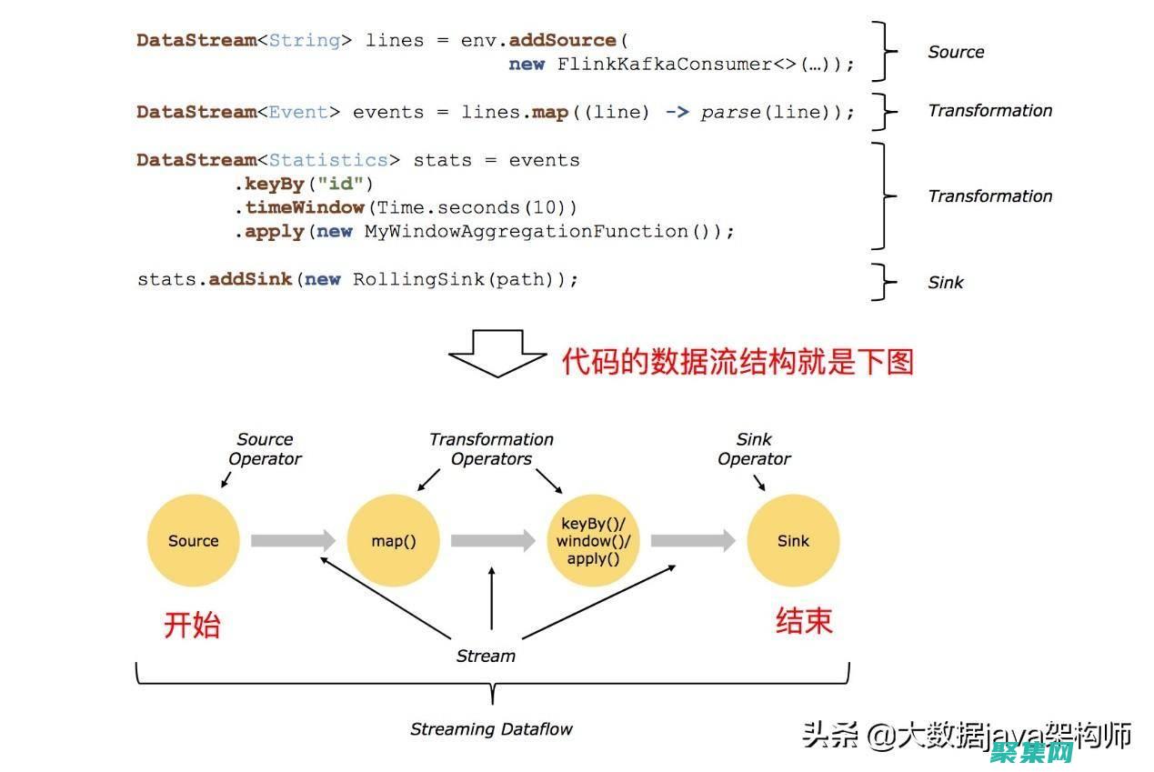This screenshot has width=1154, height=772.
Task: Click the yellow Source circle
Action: (x=193, y=540)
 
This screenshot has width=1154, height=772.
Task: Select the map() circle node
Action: (x=393, y=540)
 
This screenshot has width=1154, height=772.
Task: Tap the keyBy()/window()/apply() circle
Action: (x=593, y=540)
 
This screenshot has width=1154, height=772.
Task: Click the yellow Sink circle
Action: (x=793, y=540)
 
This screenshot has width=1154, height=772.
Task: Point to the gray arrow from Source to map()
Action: (x=292, y=540)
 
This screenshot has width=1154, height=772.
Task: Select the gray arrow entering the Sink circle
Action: (x=692, y=540)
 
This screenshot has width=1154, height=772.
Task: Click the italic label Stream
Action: (x=486, y=656)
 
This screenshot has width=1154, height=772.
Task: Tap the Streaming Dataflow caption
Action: (x=491, y=729)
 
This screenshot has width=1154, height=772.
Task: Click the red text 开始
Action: (x=192, y=625)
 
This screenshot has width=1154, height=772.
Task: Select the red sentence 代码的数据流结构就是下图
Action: (x=737, y=361)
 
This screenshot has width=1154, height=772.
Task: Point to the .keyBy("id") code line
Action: (x=304, y=184)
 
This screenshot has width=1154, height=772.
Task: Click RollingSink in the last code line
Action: (x=419, y=279)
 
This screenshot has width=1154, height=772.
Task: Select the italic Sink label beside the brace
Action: (x=945, y=282)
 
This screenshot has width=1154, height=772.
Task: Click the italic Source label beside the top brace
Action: (x=956, y=52)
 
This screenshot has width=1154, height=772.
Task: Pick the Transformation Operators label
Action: (x=491, y=449)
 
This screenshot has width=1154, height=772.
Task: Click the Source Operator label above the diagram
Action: (x=265, y=449)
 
